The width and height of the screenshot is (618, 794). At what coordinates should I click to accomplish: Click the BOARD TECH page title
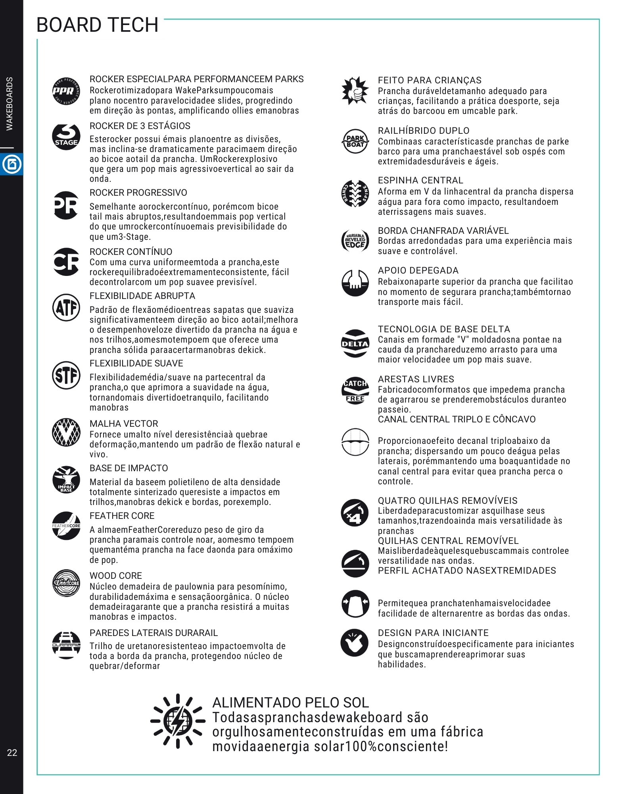(x=97, y=25)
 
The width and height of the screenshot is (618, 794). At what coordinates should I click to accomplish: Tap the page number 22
(x=12, y=752)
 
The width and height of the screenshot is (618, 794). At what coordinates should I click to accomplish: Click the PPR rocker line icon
(x=66, y=91)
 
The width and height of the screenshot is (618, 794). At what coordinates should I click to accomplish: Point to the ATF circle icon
(x=66, y=307)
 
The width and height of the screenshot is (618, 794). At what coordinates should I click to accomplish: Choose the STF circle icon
(x=66, y=375)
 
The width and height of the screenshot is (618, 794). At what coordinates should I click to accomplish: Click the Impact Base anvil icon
(x=66, y=480)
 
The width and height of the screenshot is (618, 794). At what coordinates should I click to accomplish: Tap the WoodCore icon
(x=66, y=583)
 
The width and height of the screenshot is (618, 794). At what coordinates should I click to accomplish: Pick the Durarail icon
(x=66, y=645)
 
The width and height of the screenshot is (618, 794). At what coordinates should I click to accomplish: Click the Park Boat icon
(x=355, y=141)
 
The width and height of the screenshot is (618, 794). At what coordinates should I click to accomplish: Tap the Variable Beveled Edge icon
(x=355, y=240)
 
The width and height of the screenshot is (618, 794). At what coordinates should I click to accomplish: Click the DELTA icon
(x=355, y=344)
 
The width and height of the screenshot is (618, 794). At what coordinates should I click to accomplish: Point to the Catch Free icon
(x=355, y=390)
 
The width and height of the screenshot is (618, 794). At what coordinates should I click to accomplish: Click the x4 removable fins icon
(x=355, y=513)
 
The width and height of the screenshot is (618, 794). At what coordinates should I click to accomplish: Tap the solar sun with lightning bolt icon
(x=178, y=721)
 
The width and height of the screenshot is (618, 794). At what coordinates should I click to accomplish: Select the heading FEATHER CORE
(x=122, y=516)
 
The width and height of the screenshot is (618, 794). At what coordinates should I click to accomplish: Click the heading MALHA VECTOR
(x=124, y=424)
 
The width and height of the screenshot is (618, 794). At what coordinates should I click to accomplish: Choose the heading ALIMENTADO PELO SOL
(x=290, y=703)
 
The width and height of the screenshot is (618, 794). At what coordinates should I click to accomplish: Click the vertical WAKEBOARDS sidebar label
(x=10, y=104)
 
